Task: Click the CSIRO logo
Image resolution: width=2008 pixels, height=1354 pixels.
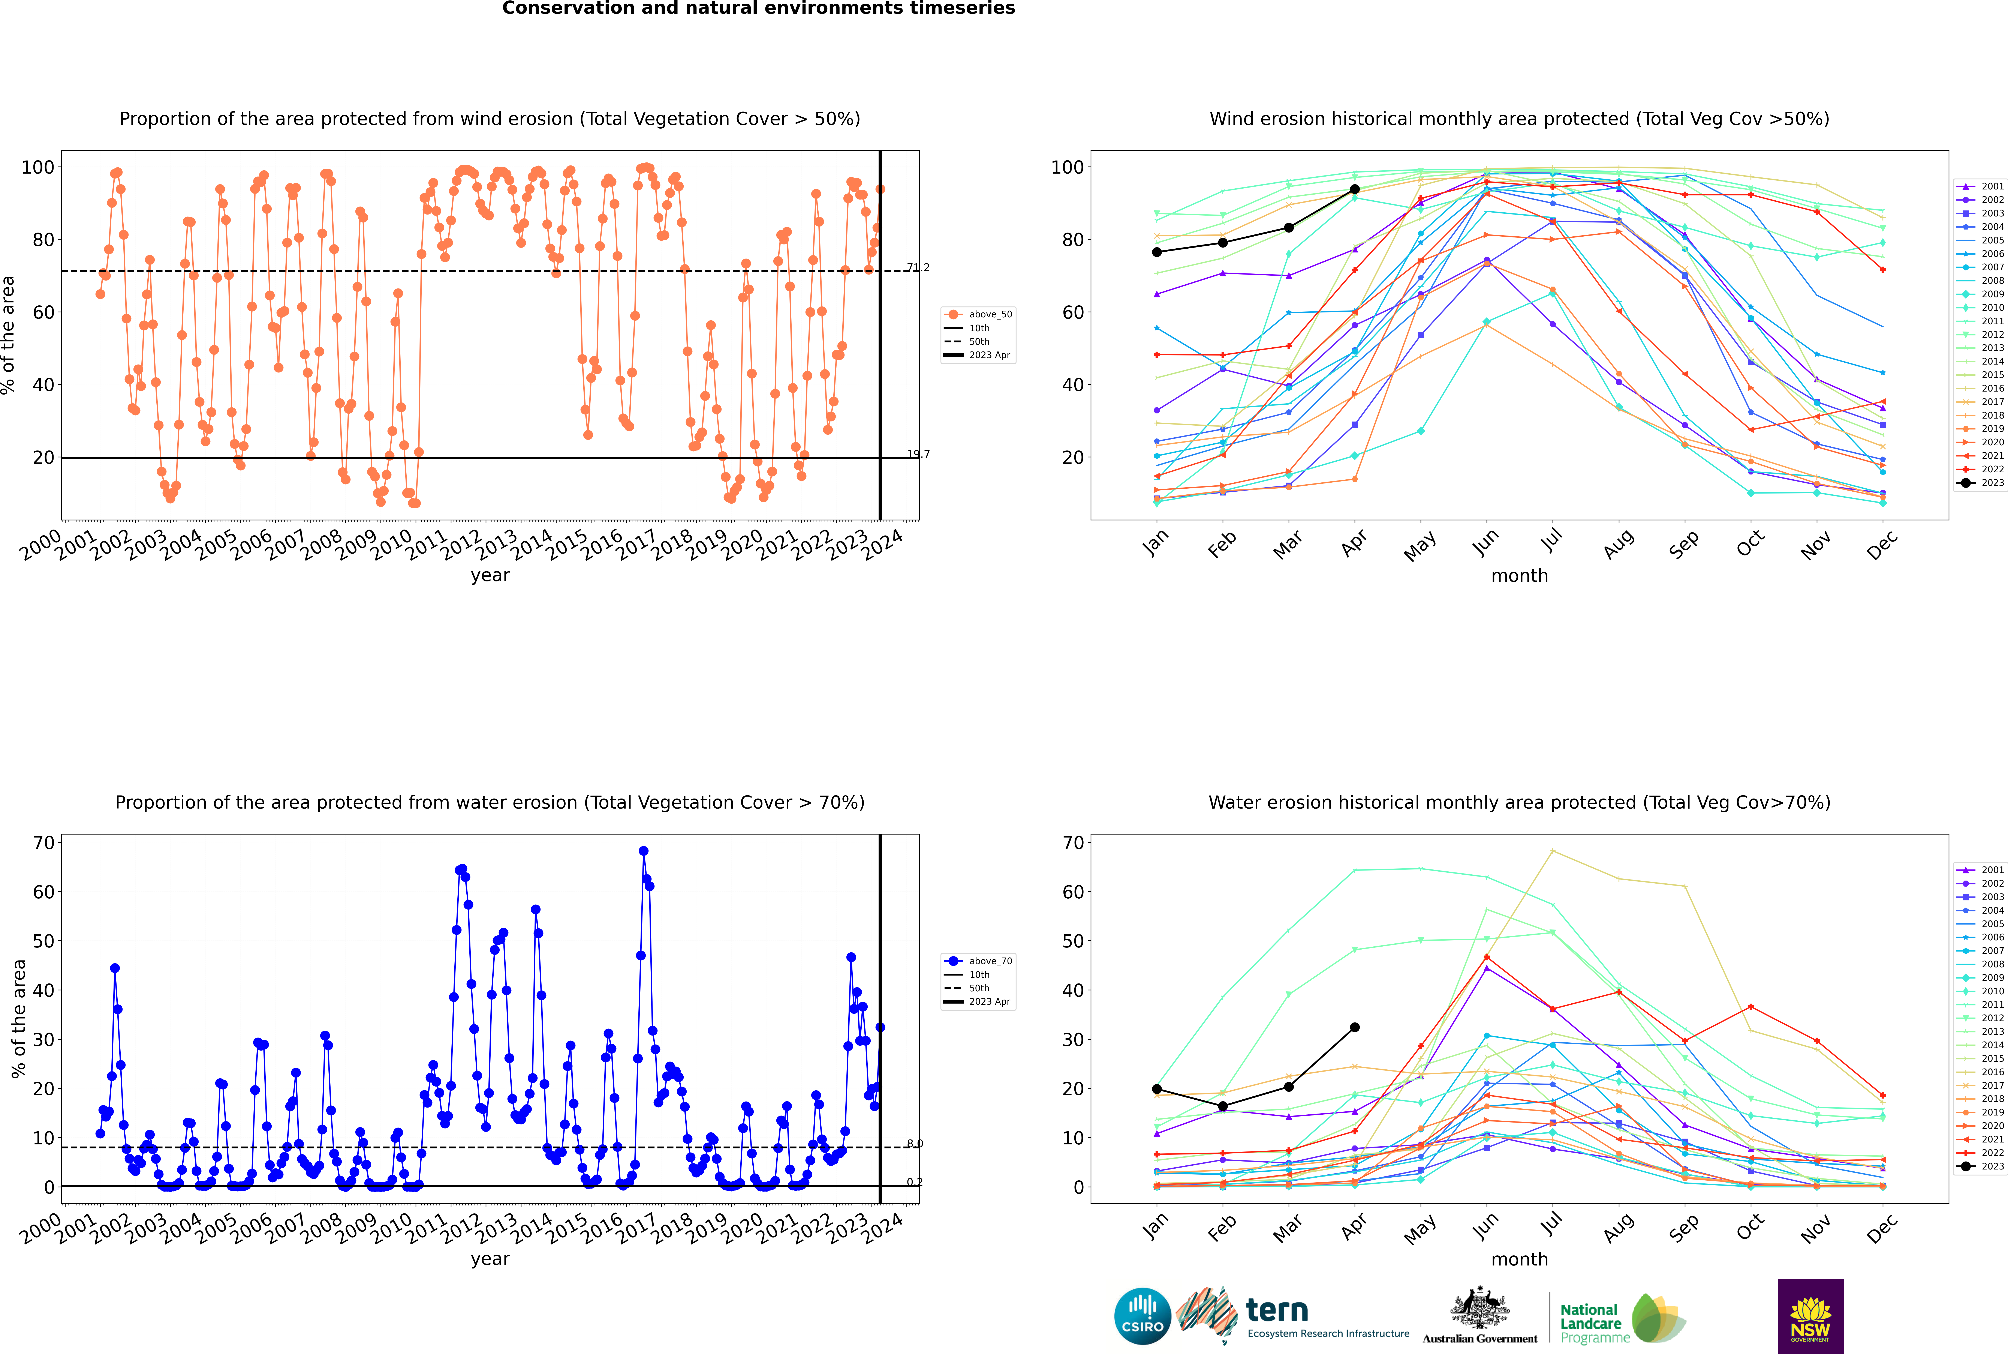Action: pyautogui.click(x=1142, y=1316)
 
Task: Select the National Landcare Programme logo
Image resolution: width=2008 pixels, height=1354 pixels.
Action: pyautogui.click(x=1623, y=1318)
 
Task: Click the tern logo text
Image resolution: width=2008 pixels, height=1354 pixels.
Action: pyautogui.click(x=1277, y=1311)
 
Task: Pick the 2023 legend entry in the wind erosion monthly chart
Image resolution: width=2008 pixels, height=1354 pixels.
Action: pyautogui.click(x=1981, y=483)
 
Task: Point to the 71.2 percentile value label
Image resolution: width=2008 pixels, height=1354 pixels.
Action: pyautogui.click(x=918, y=268)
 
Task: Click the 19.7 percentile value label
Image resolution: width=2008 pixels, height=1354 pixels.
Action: pyautogui.click(x=918, y=454)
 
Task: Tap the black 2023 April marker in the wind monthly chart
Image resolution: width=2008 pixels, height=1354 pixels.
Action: pyautogui.click(x=1355, y=189)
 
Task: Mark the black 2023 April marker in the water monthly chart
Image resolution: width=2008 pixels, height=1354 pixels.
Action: pyautogui.click(x=1355, y=1028)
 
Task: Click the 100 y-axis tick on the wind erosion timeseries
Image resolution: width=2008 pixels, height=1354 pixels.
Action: pyautogui.click(x=38, y=168)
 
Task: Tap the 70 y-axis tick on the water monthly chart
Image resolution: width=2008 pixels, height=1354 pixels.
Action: pyautogui.click(x=1073, y=843)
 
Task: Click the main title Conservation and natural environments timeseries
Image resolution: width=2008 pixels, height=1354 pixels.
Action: pyautogui.click(x=759, y=9)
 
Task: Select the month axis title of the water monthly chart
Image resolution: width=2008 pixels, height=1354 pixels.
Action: pyautogui.click(x=1519, y=1259)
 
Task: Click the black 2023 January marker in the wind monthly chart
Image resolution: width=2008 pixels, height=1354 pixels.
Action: pyautogui.click(x=1157, y=252)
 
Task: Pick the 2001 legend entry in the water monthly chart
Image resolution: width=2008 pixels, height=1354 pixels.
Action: pyautogui.click(x=1981, y=870)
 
